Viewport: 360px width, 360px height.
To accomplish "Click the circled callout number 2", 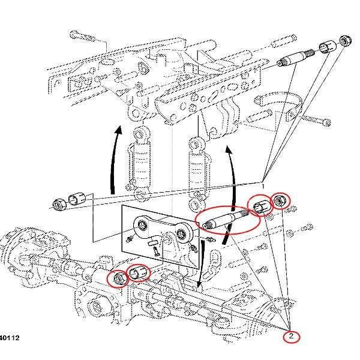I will pos(291,336).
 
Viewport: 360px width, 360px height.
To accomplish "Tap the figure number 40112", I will pos(10,338).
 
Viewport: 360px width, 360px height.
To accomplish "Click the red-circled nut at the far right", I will pos(280,201).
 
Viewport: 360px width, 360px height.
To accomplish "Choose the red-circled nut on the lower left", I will pos(119,278).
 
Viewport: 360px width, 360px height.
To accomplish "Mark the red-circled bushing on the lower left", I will pos(139,274).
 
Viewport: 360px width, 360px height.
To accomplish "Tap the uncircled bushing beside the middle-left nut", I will pos(77,199).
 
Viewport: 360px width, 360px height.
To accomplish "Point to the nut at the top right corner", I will pos(346,41).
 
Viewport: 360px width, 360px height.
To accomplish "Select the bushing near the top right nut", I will pos(327,47).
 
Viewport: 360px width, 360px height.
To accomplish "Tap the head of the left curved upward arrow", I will pos(119,130).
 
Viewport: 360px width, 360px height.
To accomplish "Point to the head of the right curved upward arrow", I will pos(229,148).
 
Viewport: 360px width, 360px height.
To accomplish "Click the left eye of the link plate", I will pos(143,225).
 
